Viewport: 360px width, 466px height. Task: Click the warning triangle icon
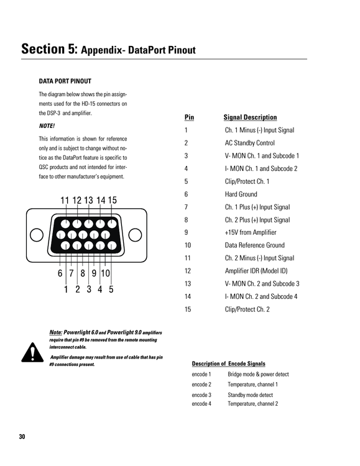point(32,353)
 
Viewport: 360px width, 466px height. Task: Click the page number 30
point(22,437)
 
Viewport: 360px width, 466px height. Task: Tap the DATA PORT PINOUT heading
point(65,81)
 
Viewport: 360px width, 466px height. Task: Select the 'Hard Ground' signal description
point(241,194)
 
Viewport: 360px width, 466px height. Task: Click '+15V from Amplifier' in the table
point(251,232)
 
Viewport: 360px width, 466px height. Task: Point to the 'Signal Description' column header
point(250,117)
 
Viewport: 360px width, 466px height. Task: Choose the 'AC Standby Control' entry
point(249,143)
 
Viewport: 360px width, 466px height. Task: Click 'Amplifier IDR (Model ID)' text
point(256,271)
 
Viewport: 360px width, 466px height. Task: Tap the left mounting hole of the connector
point(37,235)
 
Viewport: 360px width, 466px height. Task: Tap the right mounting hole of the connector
point(135,235)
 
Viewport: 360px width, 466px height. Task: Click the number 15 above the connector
point(112,200)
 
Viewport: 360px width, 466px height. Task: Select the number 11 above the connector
point(65,200)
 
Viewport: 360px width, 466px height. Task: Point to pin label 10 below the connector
point(105,273)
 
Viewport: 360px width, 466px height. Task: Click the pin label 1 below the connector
point(66,289)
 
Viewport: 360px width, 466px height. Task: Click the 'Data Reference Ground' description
point(255,245)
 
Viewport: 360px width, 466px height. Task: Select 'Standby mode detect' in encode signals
point(250,395)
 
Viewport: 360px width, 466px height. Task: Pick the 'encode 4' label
point(201,404)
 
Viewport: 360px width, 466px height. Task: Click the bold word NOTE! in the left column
point(47,126)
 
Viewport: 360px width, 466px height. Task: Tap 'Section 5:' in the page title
point(49,48)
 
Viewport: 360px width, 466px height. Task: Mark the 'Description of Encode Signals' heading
point(228,363)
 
